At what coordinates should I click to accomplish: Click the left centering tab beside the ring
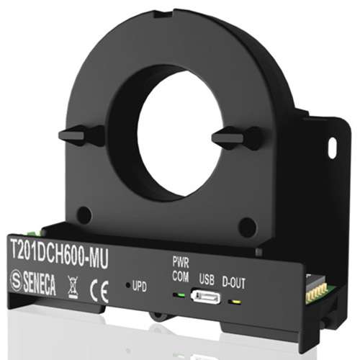point(81,135)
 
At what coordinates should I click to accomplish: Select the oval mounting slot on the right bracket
point(332,147)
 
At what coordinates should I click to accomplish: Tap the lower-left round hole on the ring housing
point(84,215)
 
